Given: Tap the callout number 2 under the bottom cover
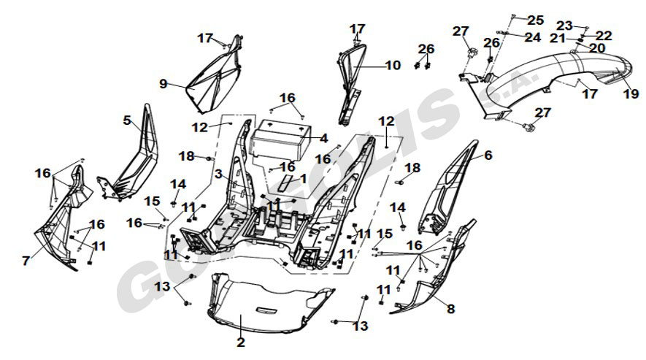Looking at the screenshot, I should (x=241, y=341).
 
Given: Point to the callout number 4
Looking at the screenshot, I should (x=323, y=137).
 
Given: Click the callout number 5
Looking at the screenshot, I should (x=127, y=120).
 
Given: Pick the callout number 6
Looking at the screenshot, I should (x=488, y=155).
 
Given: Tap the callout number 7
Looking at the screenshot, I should (x=26, y=260).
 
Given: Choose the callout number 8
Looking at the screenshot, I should (x=450, y=309).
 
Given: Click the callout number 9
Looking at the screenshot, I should (x=164, y=84).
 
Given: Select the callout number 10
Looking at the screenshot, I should (x=393, y=65).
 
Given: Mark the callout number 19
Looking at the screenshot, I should (x=626, y=93).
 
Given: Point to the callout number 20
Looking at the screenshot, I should (x=597, y=48).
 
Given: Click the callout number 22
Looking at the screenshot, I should (x=604, y=35).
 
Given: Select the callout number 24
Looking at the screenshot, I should (x=533, y=37).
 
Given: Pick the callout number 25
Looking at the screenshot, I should (x=536, y=20).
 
